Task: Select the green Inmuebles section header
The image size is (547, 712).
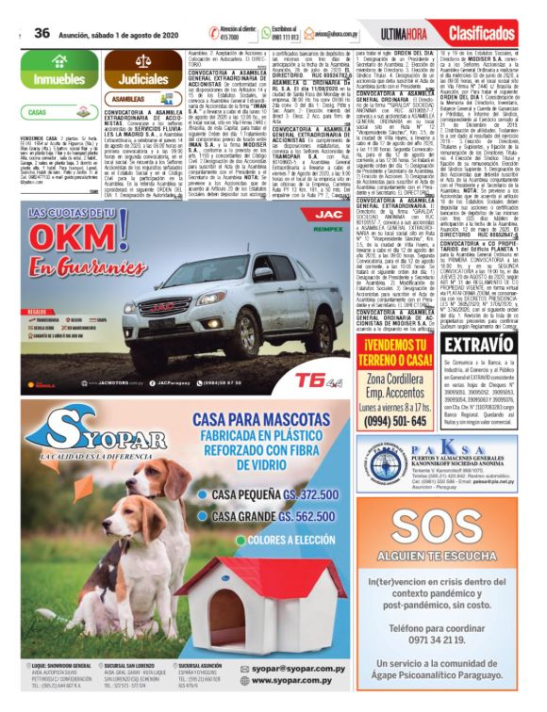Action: pyautogui.click(x=57, y=78)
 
